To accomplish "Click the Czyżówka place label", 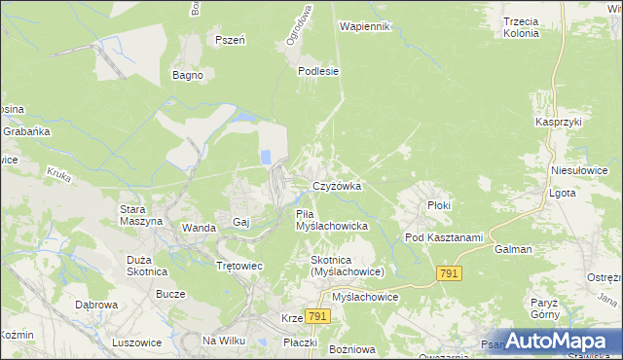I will point(337,186).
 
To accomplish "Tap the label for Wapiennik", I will point(365,26).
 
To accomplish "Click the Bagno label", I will point(187,75).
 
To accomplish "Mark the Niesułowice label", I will point(579,169).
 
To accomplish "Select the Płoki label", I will point(440,206).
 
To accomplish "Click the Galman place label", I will point(513,249).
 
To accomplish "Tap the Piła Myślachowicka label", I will point(330,220).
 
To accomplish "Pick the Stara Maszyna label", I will point(140,215).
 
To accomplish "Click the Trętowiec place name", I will point(239,265).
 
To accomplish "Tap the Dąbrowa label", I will point(97,305).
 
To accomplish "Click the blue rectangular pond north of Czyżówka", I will point(264,157).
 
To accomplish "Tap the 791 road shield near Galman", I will point(448,275).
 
